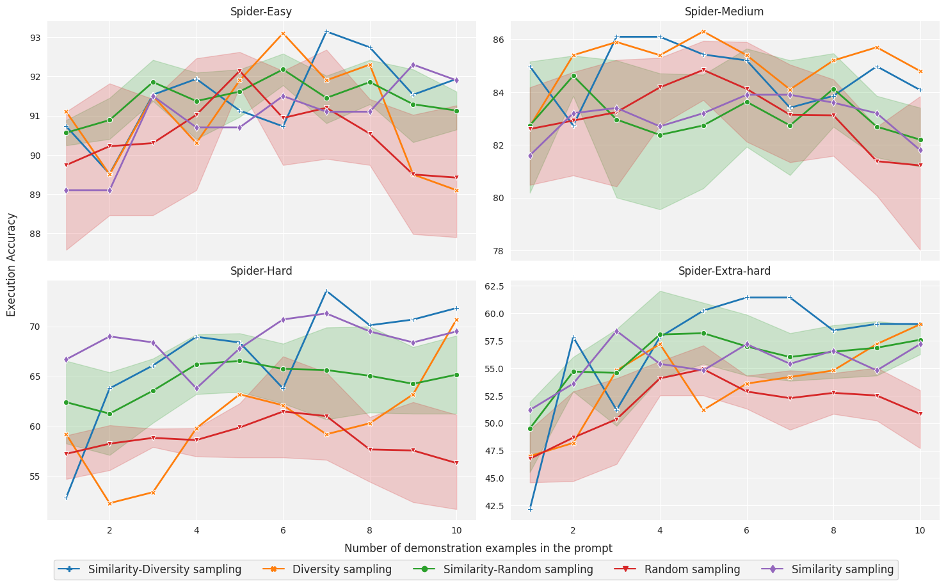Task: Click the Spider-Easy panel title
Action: (261, 12)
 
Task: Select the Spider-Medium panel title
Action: (724, 12)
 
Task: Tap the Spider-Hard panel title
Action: (261, 271)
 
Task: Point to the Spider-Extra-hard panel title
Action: (724, 271)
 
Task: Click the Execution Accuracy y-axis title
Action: (12, 265)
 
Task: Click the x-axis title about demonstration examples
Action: (478, 548)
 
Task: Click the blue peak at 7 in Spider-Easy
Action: (326, 31)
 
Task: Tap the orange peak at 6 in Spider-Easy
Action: (283, 33)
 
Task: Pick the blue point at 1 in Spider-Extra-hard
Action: (530, 509)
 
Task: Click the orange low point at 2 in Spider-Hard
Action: (109, 503)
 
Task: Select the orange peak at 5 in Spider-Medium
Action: (703, 31)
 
